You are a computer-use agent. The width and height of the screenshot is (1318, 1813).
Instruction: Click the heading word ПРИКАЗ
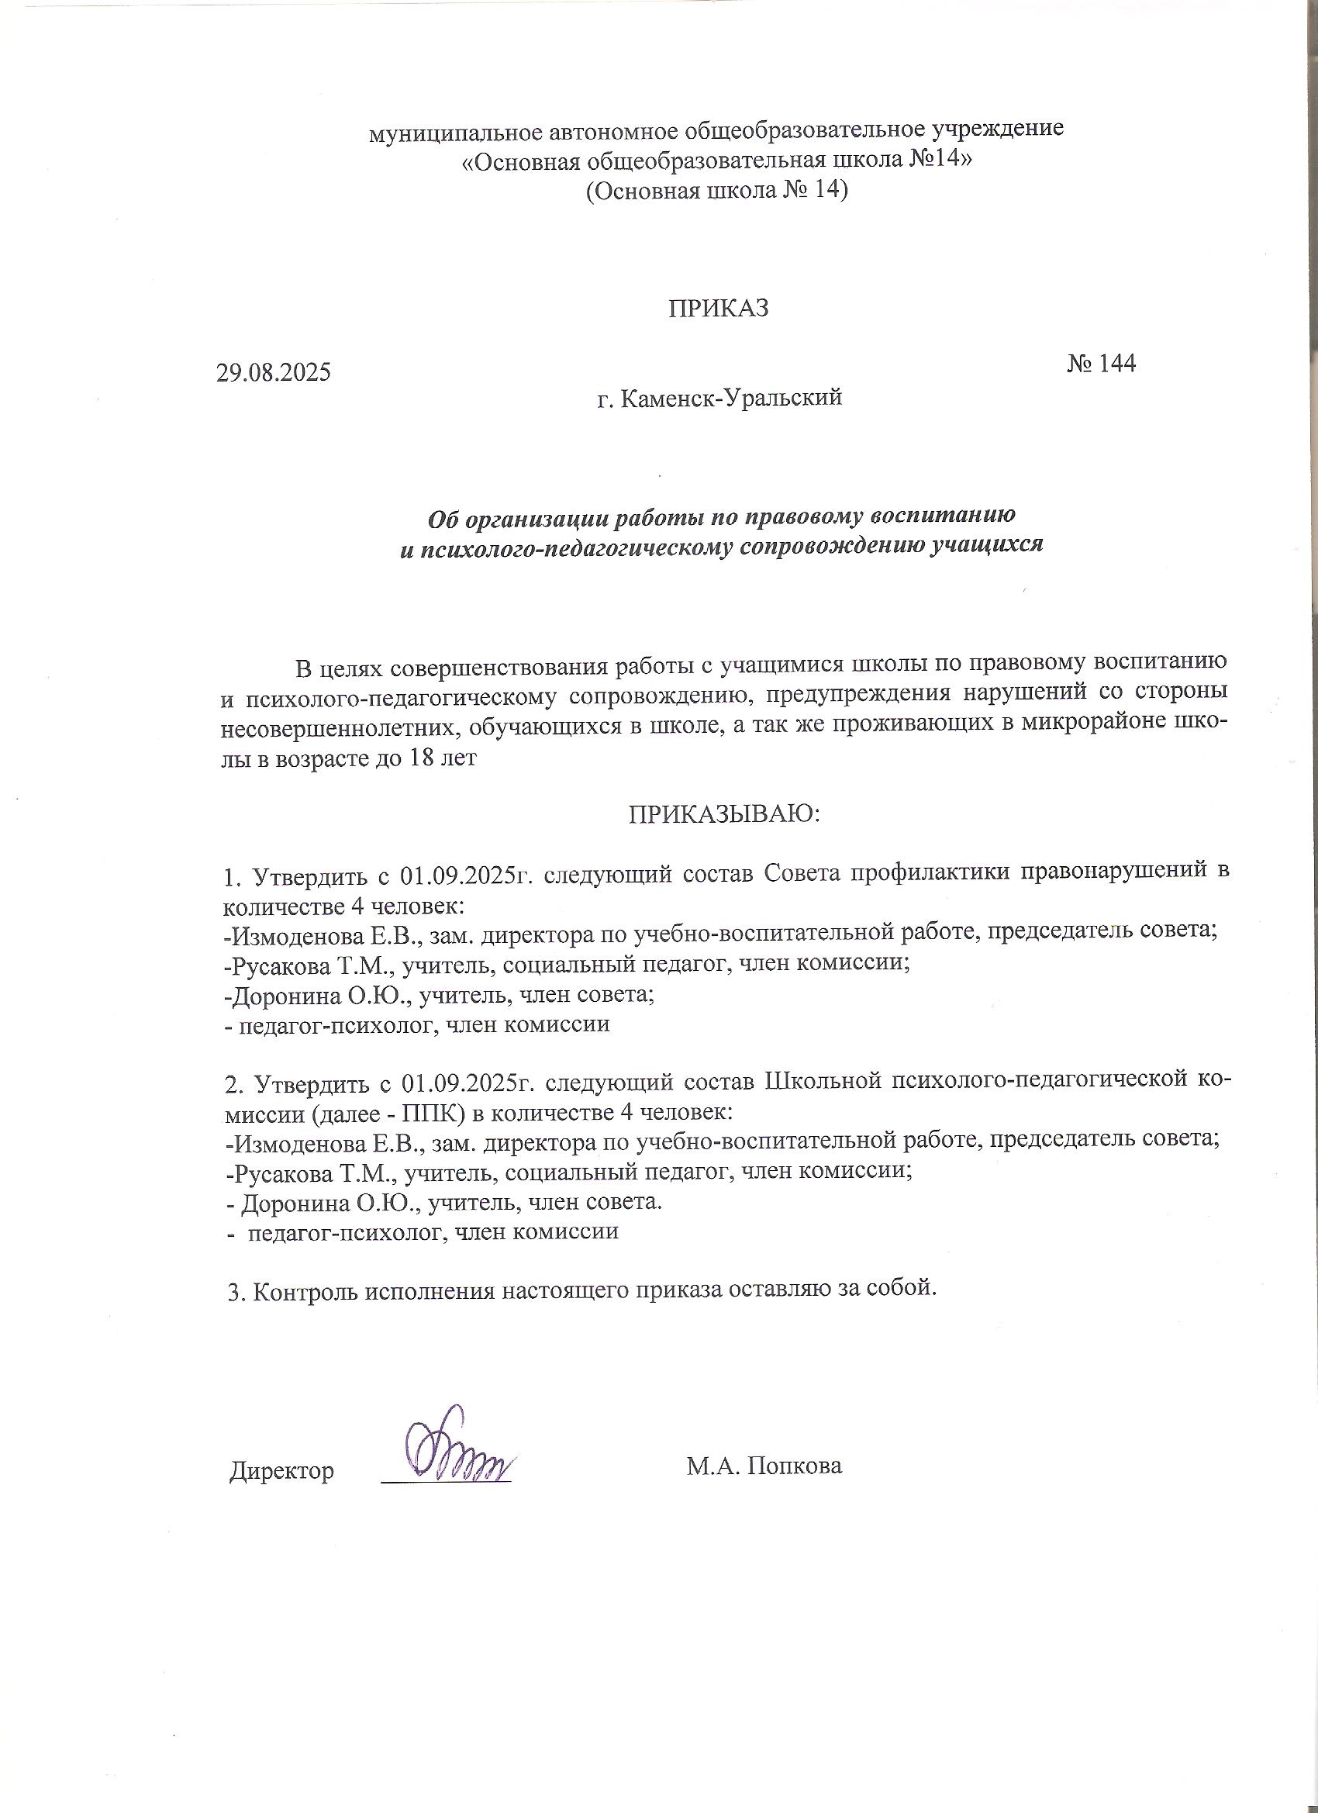coord(719,309)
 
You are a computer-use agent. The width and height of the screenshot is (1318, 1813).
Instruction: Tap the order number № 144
coord(1101,364)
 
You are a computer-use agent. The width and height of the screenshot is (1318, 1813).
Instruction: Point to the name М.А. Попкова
coord(764,1466)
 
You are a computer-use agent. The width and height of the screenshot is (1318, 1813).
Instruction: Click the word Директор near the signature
coord(281,1470)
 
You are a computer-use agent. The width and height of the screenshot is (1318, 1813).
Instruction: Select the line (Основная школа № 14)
coord(716,192)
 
